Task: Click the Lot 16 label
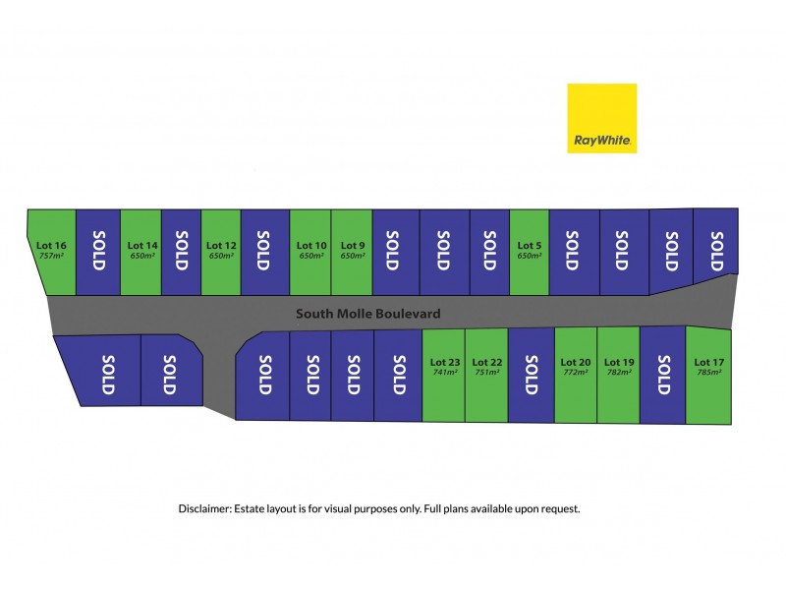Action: coord(51,245)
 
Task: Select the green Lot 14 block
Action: coord(140,253)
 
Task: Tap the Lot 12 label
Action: coord(221,245)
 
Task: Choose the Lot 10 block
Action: coord(310,253)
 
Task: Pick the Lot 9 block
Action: coord(352,253)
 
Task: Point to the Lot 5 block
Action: coord(530,253)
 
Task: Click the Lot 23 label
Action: coord(445,362)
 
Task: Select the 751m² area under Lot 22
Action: coord(486,373)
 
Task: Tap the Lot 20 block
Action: coord(576,375)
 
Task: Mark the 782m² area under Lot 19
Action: coord(619,373)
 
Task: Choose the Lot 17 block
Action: coord(708,376)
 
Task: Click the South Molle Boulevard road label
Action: coord(367,314)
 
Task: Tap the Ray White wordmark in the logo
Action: coord(602,140)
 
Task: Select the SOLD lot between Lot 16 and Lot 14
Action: coord(98,253)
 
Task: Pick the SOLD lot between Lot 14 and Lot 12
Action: coord(181,253)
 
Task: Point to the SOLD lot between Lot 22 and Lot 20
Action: coord(532,376)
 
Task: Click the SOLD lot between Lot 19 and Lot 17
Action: coord(662,376)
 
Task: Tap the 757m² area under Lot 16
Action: coord(51,256)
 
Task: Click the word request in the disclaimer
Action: coord(560,509)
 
